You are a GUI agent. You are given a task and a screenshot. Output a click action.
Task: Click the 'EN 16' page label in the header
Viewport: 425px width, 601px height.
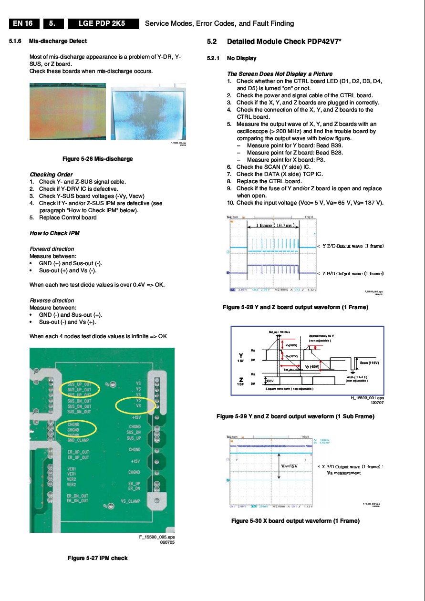tap(23, 23)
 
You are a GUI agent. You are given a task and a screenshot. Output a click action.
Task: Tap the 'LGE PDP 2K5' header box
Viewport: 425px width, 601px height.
tap(102, 23)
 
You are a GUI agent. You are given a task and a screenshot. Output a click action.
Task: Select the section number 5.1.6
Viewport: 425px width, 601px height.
tap(16, 41)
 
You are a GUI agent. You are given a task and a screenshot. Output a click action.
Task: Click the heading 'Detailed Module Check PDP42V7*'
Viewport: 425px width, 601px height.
tap(284, 41)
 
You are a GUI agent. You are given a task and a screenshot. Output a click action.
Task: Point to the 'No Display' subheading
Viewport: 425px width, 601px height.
tap(241, 58)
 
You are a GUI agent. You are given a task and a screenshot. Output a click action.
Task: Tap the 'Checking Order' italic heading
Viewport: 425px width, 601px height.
tap(51, 175)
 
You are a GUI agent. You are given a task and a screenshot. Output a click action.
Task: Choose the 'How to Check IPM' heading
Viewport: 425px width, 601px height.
tap(54, 233)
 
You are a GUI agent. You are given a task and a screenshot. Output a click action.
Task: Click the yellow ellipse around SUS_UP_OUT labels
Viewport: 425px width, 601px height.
tap(79, 389)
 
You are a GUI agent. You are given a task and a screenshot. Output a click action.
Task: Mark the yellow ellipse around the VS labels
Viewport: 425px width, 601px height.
tap(136, 405)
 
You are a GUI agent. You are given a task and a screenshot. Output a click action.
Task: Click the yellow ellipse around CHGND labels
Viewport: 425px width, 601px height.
tap(76, 428)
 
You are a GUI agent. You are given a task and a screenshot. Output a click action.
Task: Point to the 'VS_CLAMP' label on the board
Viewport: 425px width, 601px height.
tap(130, 501)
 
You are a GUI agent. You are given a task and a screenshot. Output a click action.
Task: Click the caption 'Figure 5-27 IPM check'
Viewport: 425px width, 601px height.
tap(98, 558)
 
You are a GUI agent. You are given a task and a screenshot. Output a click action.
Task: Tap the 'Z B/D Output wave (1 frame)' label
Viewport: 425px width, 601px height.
tap(353, 273)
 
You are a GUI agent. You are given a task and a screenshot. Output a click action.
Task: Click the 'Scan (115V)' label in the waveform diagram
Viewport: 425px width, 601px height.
tap(369, 363)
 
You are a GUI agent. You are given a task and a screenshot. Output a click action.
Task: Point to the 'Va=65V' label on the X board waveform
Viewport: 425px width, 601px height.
tap(290, 466)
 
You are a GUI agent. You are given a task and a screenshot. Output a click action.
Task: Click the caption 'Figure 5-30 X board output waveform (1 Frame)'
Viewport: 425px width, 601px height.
tap(295, 521)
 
